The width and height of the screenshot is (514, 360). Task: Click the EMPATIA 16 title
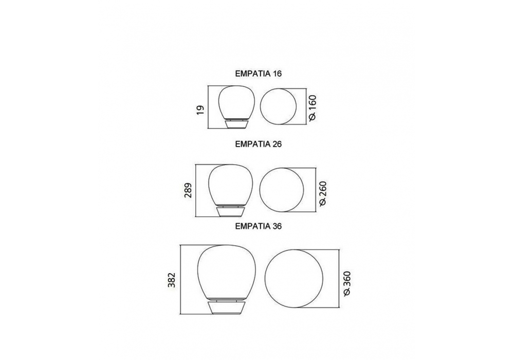259,74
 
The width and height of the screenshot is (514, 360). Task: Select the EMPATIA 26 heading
259,145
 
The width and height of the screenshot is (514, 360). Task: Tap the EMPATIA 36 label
259,226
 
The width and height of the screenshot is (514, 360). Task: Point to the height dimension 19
200,109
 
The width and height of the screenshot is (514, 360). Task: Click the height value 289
188,190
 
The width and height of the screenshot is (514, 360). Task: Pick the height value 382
172,280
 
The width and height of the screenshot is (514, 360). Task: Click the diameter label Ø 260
323,193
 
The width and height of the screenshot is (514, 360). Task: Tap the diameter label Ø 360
347,284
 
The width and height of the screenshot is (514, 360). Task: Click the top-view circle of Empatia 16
261,106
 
